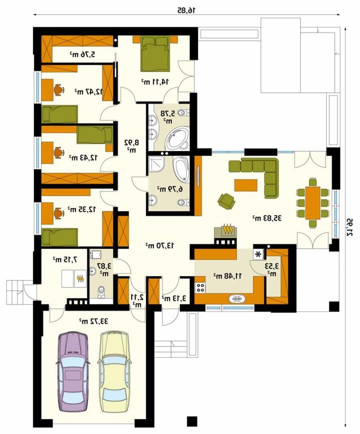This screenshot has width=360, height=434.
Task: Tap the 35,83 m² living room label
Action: click(267, 218)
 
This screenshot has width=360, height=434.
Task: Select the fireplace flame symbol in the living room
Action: click(228, 229)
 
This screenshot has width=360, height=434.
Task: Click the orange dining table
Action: click(313, 203)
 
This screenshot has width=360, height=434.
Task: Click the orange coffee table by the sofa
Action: click(246, 185)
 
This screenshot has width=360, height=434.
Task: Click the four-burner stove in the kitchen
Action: click(200, 288)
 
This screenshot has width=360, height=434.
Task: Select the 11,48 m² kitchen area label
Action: click(228, 275)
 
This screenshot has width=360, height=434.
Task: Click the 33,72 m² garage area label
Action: click(93, 321)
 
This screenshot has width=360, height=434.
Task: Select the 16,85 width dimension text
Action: click(186, 10)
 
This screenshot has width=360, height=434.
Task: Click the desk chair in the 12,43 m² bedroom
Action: click(58, 152)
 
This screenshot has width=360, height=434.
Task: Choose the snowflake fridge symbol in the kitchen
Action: click(258, 254)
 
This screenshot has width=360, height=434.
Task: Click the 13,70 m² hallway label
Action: click(160, 245)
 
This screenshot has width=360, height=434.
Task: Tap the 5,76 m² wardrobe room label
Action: click(82, 54)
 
